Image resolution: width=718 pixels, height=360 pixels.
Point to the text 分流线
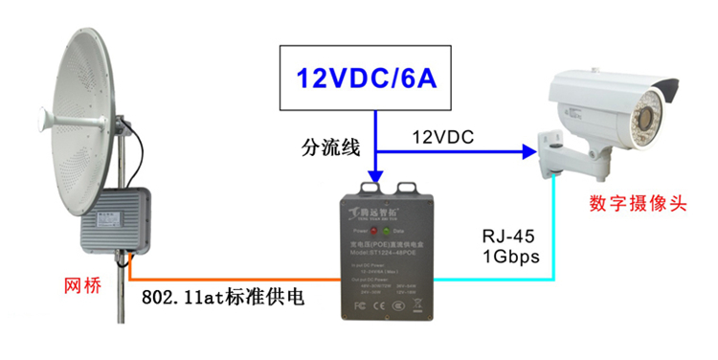(329, 146)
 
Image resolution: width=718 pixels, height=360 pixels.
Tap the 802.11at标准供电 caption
(223, 298)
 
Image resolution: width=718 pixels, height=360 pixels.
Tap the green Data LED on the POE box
(387, 230)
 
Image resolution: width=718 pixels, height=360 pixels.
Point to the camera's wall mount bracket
(554, 153)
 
